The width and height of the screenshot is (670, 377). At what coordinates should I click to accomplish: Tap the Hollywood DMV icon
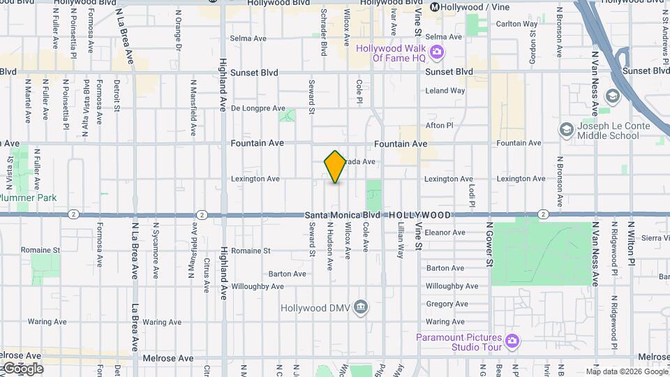pyautogui.click(x=361, y=307)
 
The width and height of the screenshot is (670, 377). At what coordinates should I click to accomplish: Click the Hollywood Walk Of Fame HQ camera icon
pyautogui.click(x=437, y=52)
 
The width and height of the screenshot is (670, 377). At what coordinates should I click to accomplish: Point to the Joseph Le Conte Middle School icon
pyautogui.click(x=566, y=130)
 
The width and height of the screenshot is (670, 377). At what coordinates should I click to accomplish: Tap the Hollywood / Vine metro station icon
pyautogui.click(x=435, y=7)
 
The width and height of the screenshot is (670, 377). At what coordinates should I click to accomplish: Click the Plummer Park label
pyautogui.click(x=29, y=198)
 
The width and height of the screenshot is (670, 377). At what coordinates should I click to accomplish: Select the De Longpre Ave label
pyautogui.click(x=258, y=108)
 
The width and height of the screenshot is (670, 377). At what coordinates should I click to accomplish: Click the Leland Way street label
pyautogui.click(x=445, y=91)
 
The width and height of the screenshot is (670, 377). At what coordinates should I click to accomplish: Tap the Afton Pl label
pyautogui.click(x=440, y=126)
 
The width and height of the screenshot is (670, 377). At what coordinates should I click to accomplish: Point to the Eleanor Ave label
pyautogui.click(x=445, y=232)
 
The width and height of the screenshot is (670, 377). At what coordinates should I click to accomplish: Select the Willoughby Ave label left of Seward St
pyautogui.click(x=258, y=286)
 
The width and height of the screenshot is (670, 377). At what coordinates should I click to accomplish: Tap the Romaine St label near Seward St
pyautogui.click(x=251, y=250)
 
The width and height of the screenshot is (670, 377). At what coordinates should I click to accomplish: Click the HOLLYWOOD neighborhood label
pyautogui.click(x=419, y=215)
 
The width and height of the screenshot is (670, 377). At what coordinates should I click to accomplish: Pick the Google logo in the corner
pyautogui.click(x=22, y=369)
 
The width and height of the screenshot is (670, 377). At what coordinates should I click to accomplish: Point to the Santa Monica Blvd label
pyautogui.click(x=343, y=215)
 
